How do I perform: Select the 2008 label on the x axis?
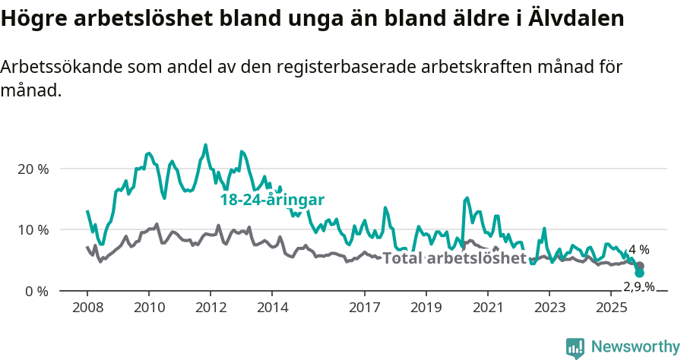point(87,308)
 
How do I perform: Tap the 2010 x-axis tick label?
point(149,308)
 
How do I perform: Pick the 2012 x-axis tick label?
point(211,308)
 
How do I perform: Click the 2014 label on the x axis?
point(272,308)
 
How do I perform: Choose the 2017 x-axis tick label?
point(365,308)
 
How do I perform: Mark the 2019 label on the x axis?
point(426,308)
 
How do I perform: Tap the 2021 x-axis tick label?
point(488,308)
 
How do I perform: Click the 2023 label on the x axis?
point(549,308)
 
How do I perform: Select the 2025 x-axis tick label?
point(611,308)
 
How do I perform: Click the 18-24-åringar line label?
point(272,201)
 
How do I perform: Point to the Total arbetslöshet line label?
point(454,258)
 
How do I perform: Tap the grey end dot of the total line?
point(640,266)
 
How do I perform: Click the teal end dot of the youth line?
point(640,273)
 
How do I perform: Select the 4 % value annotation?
point(639,249)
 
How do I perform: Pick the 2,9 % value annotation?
point(638,286)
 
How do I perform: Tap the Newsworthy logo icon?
point(575,347)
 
